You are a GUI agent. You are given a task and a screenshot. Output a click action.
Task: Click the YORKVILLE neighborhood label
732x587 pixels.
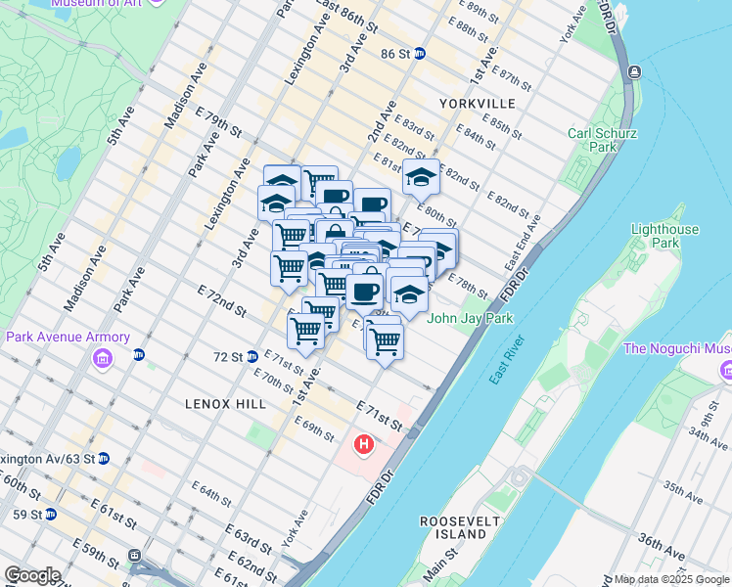point(478,103)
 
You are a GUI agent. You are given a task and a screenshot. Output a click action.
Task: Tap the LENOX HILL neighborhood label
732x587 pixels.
point(219,402)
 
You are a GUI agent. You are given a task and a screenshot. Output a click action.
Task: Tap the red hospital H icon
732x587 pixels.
point(364,447)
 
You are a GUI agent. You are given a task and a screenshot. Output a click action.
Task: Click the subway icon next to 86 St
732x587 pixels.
point(420,54)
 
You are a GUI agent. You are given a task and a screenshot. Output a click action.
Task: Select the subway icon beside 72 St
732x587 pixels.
point(252,356)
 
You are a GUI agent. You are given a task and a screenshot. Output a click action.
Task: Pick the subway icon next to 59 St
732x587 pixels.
point(51,514)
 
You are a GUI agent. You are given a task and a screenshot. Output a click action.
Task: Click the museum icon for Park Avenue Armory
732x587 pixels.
point(103,360)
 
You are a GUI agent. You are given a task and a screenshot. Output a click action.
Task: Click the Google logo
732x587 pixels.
point(32,575)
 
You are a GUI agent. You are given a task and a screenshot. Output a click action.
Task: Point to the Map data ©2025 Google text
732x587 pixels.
point(670,580)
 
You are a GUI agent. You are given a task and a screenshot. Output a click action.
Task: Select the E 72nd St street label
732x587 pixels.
point(221,300)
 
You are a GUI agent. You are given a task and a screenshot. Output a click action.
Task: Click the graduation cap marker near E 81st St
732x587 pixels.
point(422,178)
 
